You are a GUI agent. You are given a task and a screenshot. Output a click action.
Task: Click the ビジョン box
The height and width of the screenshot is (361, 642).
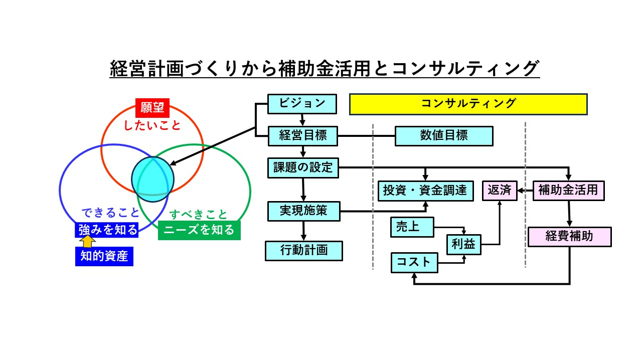[x=302, y=104]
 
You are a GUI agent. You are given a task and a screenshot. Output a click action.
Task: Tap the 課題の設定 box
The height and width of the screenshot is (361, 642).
[x=303, y=167]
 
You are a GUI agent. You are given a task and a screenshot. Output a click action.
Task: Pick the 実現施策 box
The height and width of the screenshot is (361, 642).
[x=304, y=211]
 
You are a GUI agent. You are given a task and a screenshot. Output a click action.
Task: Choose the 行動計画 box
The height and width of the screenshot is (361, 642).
[x=304, y=251]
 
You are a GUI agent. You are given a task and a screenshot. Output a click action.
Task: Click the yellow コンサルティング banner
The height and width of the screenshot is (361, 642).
[x=468, y=104]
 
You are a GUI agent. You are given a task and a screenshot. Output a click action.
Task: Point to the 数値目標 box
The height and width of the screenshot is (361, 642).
[x=444, y=136]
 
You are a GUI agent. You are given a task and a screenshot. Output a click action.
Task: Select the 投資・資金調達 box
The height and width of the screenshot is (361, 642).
[x=425, y=191]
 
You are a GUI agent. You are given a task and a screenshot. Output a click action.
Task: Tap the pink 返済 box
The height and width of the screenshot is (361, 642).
[x=499, y=191]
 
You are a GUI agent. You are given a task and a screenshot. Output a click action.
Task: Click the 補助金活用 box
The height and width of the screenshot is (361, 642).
[x=568, y=191]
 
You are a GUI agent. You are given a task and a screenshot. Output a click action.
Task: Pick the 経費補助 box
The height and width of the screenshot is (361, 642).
[x=569, y=237]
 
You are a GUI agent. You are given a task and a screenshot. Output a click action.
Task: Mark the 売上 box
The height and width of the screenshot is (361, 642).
[x=412, y=227]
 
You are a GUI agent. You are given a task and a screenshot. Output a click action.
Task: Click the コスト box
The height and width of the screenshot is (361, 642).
[x=414, y=262]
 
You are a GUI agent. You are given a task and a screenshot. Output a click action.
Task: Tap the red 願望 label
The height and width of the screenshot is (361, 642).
[x=152, y=108]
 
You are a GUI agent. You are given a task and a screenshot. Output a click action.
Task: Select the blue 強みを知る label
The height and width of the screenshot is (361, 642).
[x=107, y=230]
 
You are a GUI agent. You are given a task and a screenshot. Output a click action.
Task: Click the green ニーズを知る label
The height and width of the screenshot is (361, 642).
[x=199, y=230]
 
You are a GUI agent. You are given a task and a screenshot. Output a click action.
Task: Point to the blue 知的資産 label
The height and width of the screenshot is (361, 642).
[x=104, y=257]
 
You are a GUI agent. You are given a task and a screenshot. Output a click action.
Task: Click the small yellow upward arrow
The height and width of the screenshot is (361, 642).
[x=88, y=242]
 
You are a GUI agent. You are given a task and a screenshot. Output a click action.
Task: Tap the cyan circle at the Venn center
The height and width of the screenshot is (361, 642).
[x=152, y=177]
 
